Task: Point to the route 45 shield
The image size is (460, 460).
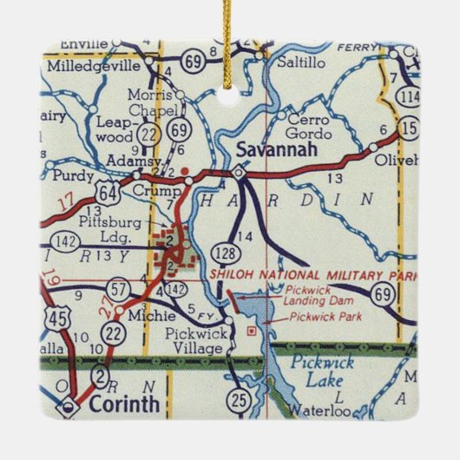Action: [56, 319]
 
